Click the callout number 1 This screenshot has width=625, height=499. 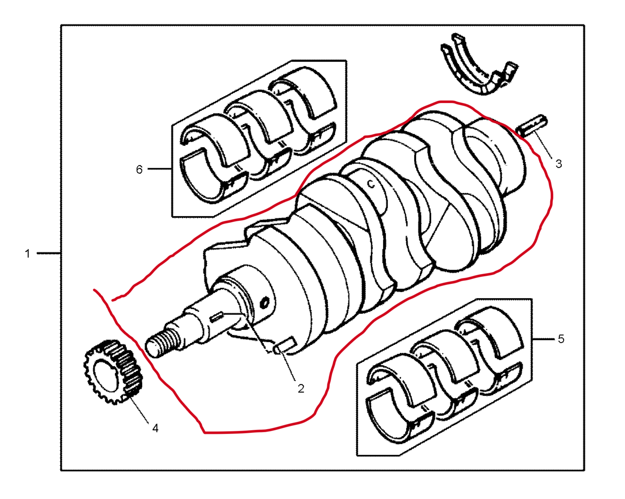pos(28,254)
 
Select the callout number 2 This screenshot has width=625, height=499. pos(301,388)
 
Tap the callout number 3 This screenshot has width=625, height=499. pos(558,164)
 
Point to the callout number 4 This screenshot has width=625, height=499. pos(155,428)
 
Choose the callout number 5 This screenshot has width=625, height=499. pos(561,339)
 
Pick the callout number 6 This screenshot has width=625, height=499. pos(139,169)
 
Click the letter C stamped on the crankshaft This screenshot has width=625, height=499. pos(371,184)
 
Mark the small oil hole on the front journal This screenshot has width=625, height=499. pos(265,302)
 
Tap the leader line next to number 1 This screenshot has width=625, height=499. pos(48,253)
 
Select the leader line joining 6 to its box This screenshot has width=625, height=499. pos(159,169)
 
